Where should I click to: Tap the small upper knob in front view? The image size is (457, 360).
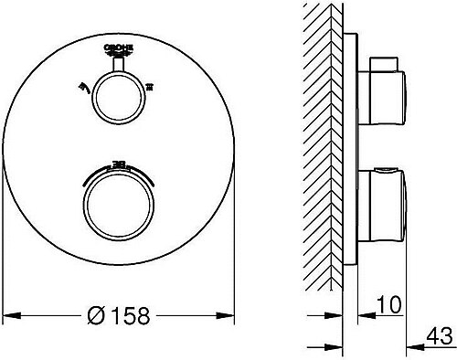114,90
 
